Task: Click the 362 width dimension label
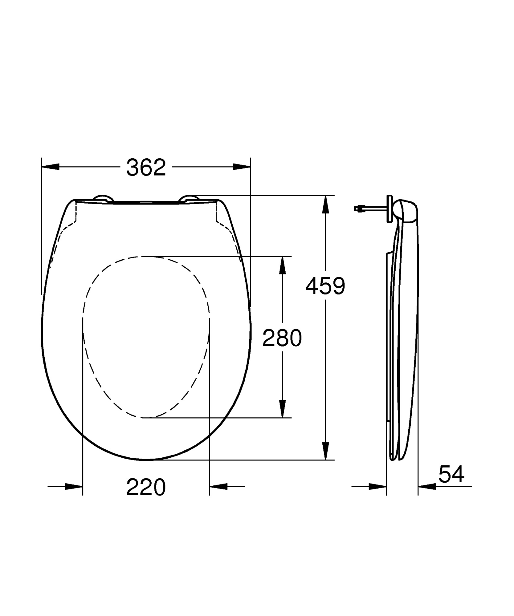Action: (x=146, y=168)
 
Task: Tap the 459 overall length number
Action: (x=325, y=286)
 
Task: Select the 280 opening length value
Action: (x=282, y=338)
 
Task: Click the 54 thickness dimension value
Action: (x=451, y=474)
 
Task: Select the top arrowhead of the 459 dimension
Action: (x=326, y=205)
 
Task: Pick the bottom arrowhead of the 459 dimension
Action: (x=326, y=451)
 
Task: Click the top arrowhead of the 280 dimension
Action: (x=282, y=265)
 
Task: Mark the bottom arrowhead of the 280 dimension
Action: (x=282, y=409)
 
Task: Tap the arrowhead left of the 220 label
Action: (x=74, y=487)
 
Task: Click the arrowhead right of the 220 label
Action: (x=218, y=487)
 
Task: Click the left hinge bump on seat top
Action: (x=103, y=198)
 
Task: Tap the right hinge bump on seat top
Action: (x=189, y=198)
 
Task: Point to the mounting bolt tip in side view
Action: (x=357, y=209)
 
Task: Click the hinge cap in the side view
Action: (x=408, y=211)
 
